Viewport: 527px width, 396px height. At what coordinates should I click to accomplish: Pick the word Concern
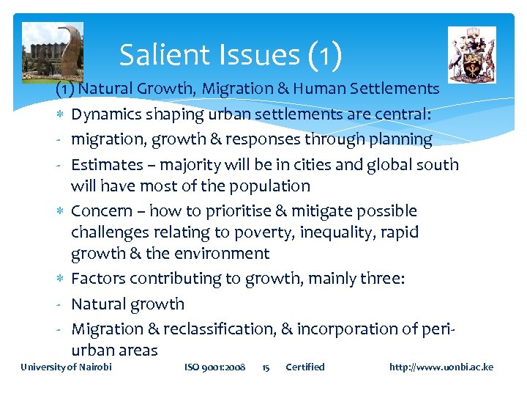coord(102,211)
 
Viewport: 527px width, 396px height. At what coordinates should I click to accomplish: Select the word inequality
coord(353,232)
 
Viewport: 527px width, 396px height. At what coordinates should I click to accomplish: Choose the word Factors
coord(99,279)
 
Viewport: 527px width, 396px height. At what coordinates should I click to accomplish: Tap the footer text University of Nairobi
coord(67,367)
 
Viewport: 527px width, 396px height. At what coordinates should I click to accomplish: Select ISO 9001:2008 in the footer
coord(215,367)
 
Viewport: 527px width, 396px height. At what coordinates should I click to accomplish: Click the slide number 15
coord(266,367)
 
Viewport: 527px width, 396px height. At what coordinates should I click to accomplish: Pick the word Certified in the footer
coord(304,367)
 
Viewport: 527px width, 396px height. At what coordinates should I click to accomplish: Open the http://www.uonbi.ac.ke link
coord(441,367)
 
